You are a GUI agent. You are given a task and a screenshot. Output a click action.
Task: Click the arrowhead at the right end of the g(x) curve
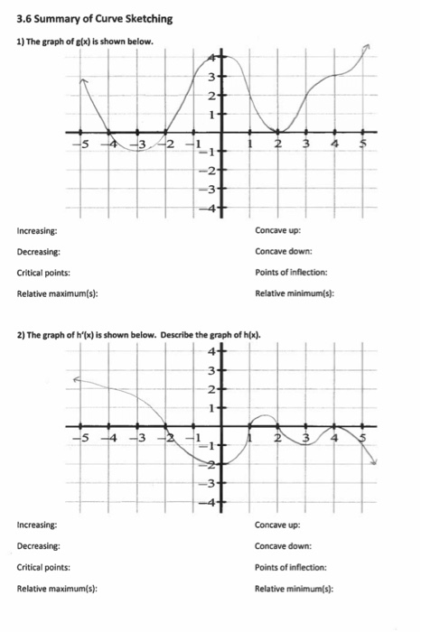[x=369, y=46]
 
